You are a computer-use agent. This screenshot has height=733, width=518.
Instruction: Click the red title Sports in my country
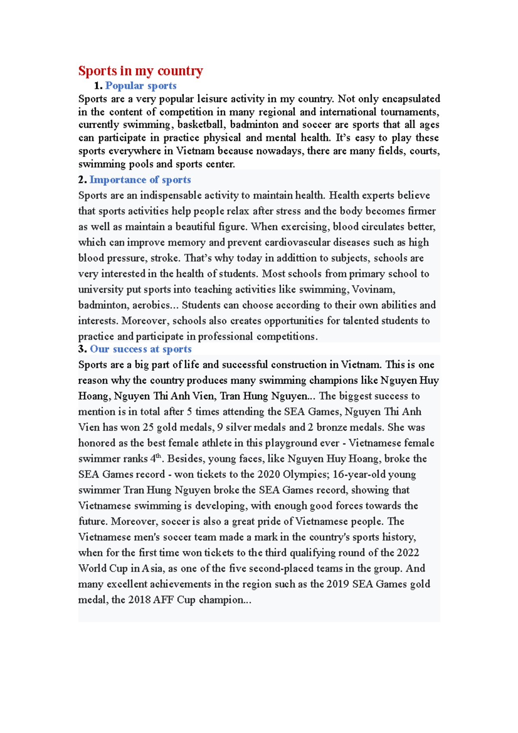(x=140, y=71)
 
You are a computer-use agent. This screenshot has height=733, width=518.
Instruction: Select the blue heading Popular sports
(x=141, y=85)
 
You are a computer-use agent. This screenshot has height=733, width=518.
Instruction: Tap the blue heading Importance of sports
(x=140, y=180)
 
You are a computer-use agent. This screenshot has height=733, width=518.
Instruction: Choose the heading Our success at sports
(x=141, y=349)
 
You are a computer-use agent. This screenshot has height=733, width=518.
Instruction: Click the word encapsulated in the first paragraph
(x=411, y=99)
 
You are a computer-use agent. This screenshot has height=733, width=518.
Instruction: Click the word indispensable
(x=171, y=195)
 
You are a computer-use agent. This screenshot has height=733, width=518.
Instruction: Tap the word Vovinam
(x=373, y=289)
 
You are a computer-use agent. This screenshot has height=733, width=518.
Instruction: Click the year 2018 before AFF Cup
(x=139, y=600)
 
